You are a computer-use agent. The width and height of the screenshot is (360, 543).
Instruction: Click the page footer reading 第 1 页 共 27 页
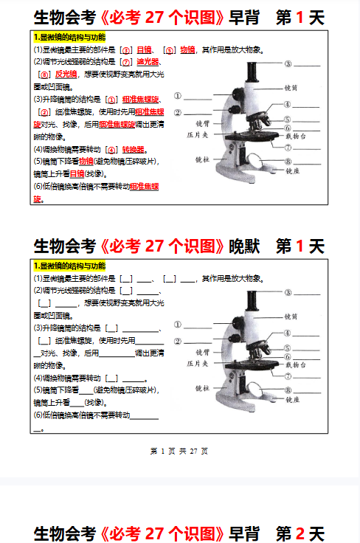tap(179, 451)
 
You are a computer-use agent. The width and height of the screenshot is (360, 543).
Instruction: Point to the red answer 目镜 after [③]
tap(144, 50)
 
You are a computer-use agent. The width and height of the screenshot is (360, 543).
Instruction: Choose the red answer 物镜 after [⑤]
tap(187, 50)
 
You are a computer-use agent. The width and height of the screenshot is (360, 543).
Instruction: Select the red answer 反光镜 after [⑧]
tap(66, 75)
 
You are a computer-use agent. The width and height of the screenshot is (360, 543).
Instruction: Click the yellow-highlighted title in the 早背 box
tap(69, 37)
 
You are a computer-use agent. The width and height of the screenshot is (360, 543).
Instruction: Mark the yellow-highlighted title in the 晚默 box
tap(69, 266)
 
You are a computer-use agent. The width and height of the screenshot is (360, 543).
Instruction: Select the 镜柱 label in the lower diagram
tap(201, 387)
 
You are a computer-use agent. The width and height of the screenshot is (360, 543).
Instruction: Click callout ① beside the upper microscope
tap(178, 97)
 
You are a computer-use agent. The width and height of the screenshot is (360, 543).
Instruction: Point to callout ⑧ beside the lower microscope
tap(288, 390)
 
